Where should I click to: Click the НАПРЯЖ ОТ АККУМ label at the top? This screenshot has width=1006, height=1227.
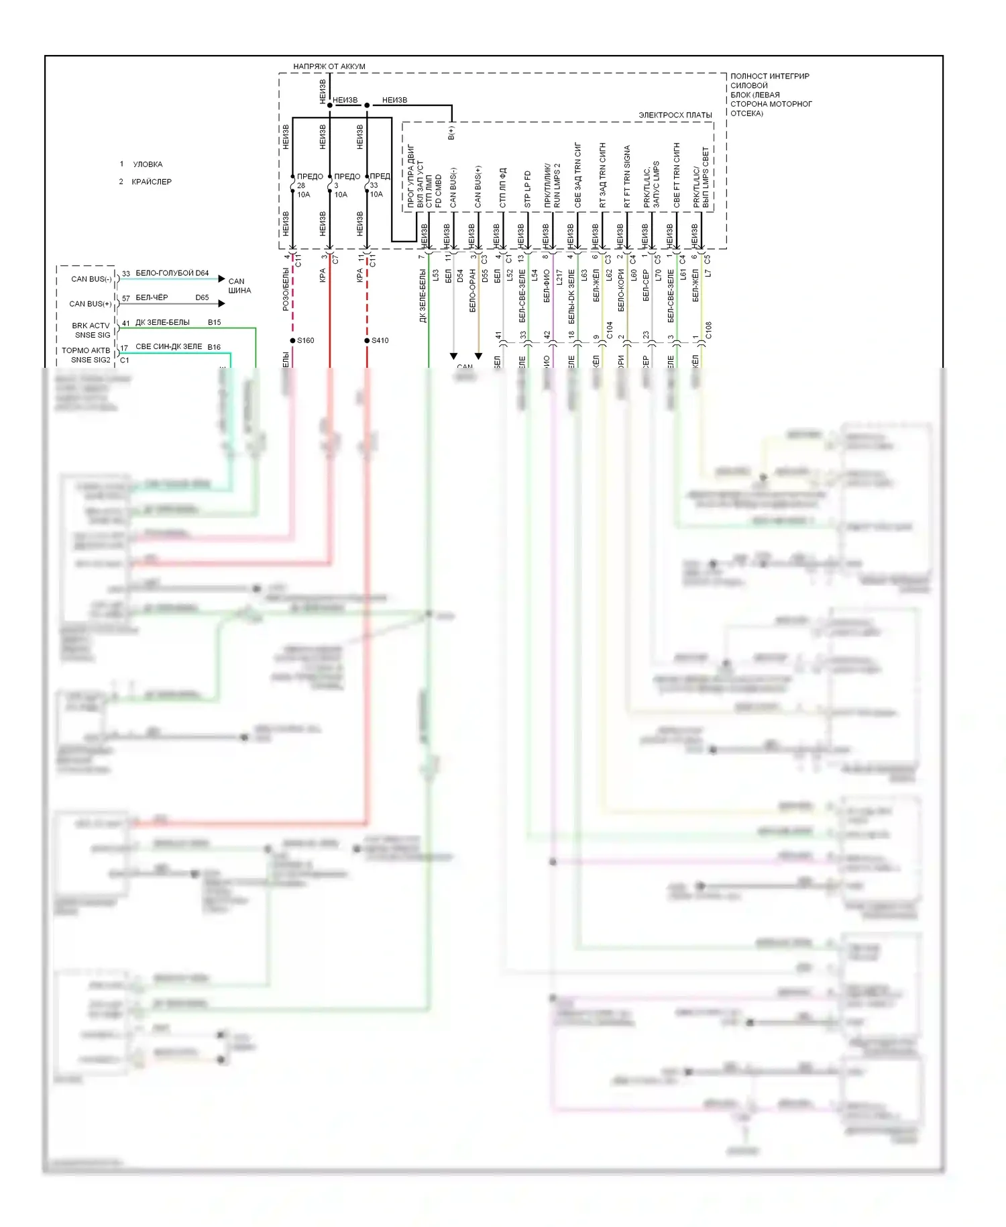click(329, 66)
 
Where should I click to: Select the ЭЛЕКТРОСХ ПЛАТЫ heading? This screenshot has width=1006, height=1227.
click(675, 115)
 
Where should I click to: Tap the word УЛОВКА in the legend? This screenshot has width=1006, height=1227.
click(148, 164)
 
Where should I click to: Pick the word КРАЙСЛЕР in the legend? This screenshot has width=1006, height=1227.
click(152, 182)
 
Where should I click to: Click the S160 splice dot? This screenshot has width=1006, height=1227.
click(292, 340)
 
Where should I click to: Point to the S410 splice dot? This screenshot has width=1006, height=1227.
click(367, 340)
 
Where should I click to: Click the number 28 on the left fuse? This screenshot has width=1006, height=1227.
click(301, 186)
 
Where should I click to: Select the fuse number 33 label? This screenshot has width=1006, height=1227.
click(374, 186)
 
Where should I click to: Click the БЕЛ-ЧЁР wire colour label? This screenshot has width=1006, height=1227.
click(152, 297)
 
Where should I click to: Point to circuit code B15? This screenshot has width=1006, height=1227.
click(214, 323)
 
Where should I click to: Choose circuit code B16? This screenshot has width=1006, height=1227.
click(214, 347)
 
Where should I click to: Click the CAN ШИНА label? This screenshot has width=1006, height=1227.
click(239, 286)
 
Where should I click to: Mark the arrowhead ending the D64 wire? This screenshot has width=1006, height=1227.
click(221, 279)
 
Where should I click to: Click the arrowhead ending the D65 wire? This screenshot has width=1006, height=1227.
click(221, 303)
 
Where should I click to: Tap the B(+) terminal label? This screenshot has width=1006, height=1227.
click(451, 133)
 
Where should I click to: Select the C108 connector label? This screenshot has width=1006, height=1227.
click(708, 330)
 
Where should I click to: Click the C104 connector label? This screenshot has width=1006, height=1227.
click(609, 330)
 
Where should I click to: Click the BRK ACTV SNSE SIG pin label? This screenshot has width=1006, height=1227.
click(91, 330)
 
